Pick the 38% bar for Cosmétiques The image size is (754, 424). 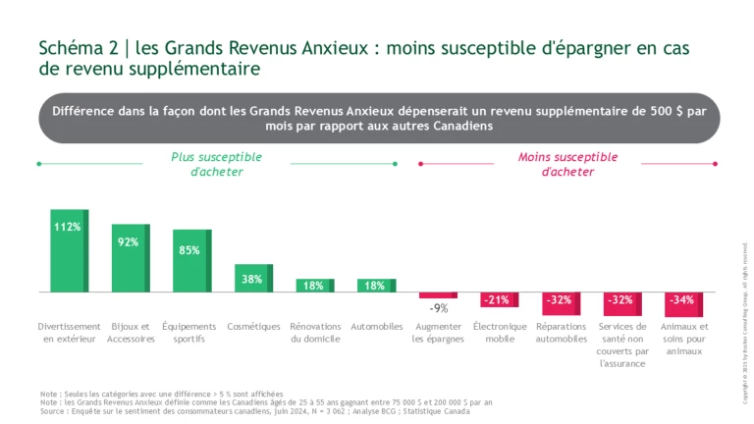(x=253, y=279)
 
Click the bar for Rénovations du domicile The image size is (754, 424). (x=315, y=286)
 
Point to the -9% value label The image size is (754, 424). (x=439, y=308)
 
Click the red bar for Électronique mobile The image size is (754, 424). (x=500, y=299)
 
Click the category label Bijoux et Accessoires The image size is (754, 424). (x=131, y=333)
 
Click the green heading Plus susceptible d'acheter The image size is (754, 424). (x=217, y=164)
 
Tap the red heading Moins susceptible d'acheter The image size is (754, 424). (x=567, y=164)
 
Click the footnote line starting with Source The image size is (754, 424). (x=255, y=410)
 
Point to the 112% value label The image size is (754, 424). (x=68, y=227)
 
